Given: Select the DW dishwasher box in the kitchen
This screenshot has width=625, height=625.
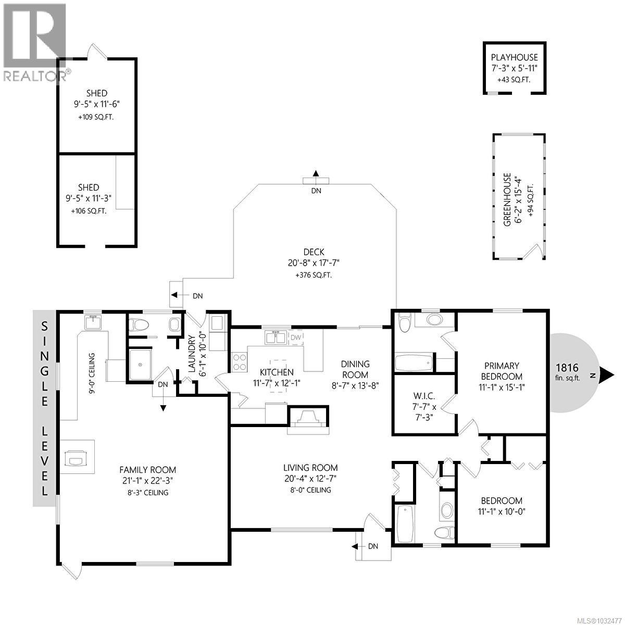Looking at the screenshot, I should (295, 337).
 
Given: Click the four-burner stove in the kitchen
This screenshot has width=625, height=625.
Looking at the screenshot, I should (239, 361).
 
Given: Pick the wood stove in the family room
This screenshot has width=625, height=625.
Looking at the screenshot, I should (74, 457).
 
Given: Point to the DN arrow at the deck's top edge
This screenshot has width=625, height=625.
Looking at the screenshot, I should (316, 174).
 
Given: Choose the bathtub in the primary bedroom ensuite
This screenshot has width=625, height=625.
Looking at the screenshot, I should (414, 362).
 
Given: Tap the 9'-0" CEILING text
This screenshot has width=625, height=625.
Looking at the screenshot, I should (92, 374).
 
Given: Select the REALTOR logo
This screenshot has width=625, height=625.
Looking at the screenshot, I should (34, 42).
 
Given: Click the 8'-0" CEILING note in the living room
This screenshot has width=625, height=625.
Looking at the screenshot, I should (310, 490).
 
